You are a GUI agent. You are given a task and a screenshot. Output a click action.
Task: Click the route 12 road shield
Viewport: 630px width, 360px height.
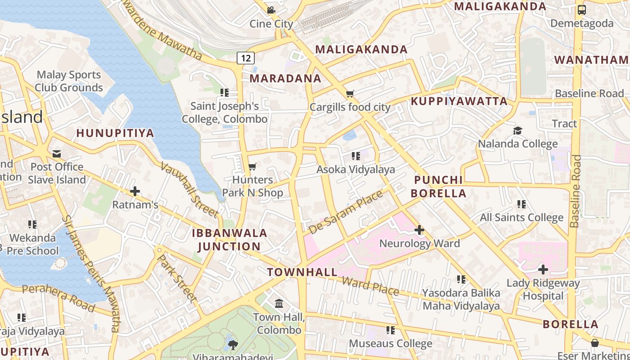[x=245, y=58]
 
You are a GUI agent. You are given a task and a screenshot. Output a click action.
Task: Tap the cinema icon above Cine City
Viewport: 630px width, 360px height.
[x=271, y=10]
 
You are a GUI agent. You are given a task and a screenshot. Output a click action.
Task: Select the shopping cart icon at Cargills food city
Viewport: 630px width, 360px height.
[x=350, y=94]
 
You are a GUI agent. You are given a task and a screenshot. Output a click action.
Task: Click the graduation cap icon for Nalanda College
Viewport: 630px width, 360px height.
[x=517, y=130]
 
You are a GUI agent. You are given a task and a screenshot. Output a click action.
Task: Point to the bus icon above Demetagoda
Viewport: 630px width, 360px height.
[x=582, y=10]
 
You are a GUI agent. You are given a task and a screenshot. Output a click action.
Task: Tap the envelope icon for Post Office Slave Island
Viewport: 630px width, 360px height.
[x=57, y=154]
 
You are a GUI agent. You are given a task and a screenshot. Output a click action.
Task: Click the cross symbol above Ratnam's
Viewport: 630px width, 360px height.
[x=135, y=192]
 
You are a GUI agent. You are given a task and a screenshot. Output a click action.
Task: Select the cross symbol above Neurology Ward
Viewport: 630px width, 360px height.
[x=419, y=230]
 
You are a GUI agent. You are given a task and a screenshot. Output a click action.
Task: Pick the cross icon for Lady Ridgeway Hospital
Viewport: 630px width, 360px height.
[x=543, y=270]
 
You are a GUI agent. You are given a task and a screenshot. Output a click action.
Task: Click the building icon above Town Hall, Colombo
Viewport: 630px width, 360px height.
[x=279, y=304]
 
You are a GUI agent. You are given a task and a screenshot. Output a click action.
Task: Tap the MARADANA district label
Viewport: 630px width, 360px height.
[x=285, y=78]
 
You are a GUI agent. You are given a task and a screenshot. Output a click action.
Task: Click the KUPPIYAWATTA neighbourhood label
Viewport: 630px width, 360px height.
[x=459, y=101]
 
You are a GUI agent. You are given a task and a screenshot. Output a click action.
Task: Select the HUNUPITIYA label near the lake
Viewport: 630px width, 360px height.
[x=115, y=133]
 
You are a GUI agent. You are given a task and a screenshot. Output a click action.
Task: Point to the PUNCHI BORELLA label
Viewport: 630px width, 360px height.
[x=439, y=187]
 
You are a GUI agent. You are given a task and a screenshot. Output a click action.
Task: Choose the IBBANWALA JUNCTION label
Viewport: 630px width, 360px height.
[x=229, y=240]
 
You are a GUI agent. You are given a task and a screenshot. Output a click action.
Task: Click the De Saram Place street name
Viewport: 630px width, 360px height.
[x=345, y=212]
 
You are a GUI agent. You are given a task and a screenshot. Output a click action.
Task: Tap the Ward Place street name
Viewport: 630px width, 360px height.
[x=370, y=286]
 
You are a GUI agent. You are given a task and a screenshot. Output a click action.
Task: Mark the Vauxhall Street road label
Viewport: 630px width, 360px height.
[x=189, y=189]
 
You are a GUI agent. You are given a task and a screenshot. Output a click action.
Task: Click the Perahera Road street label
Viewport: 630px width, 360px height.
[x=58, y=298]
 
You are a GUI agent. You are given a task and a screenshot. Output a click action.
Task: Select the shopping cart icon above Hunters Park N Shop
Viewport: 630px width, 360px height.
[x=252, y=166]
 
